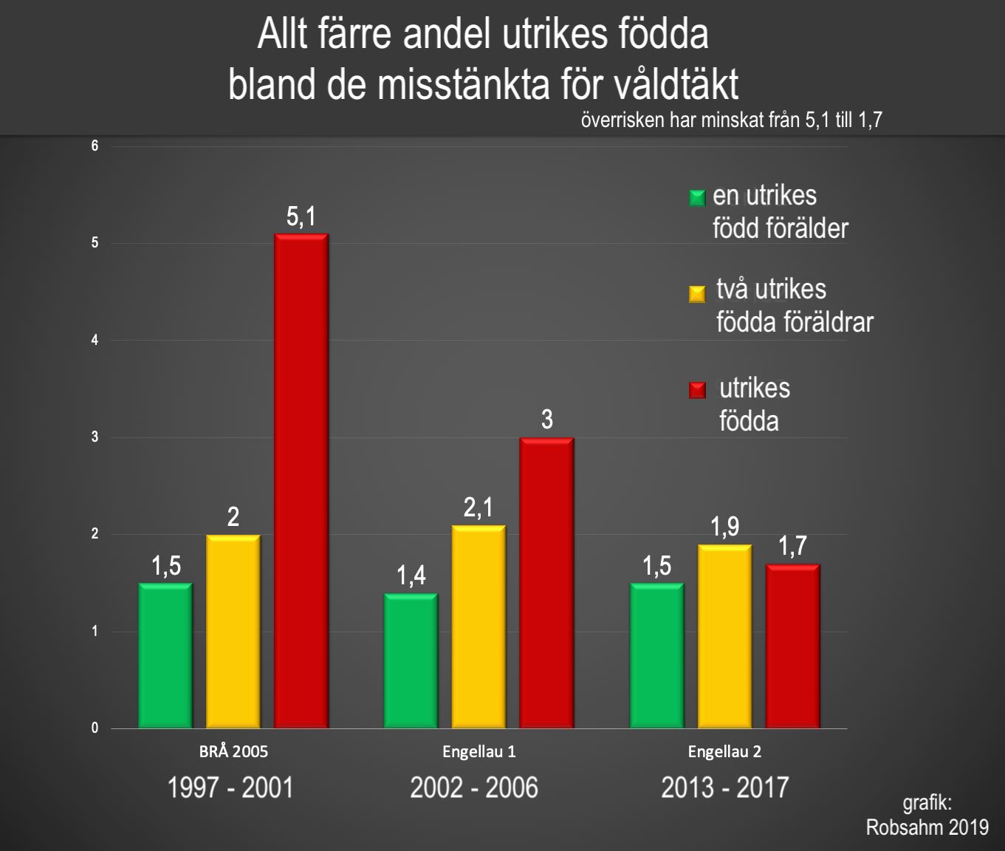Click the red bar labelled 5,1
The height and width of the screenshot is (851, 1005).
301,480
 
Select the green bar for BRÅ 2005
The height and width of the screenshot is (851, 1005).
165,655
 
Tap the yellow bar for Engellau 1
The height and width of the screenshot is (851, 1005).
479,626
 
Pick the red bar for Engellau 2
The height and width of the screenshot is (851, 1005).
792,646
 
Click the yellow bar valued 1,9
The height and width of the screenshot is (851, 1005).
724,636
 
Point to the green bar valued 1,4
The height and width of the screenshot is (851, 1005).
411,660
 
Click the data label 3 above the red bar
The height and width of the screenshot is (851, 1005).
546,420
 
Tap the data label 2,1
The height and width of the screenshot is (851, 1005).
479,507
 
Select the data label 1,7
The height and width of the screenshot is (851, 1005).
792,547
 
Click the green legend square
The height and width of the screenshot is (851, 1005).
697,198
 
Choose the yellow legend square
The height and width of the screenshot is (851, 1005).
697,293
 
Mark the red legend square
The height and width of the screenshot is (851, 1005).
697,390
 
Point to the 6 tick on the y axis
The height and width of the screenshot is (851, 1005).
95,146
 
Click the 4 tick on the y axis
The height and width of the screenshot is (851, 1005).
95,341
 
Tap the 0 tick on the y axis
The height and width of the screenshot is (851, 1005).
95,728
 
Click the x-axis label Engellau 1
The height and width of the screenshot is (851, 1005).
479,752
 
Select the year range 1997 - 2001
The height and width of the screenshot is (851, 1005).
230,787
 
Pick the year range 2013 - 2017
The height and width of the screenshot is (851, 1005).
724,787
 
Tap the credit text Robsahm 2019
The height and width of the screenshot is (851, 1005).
927,827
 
